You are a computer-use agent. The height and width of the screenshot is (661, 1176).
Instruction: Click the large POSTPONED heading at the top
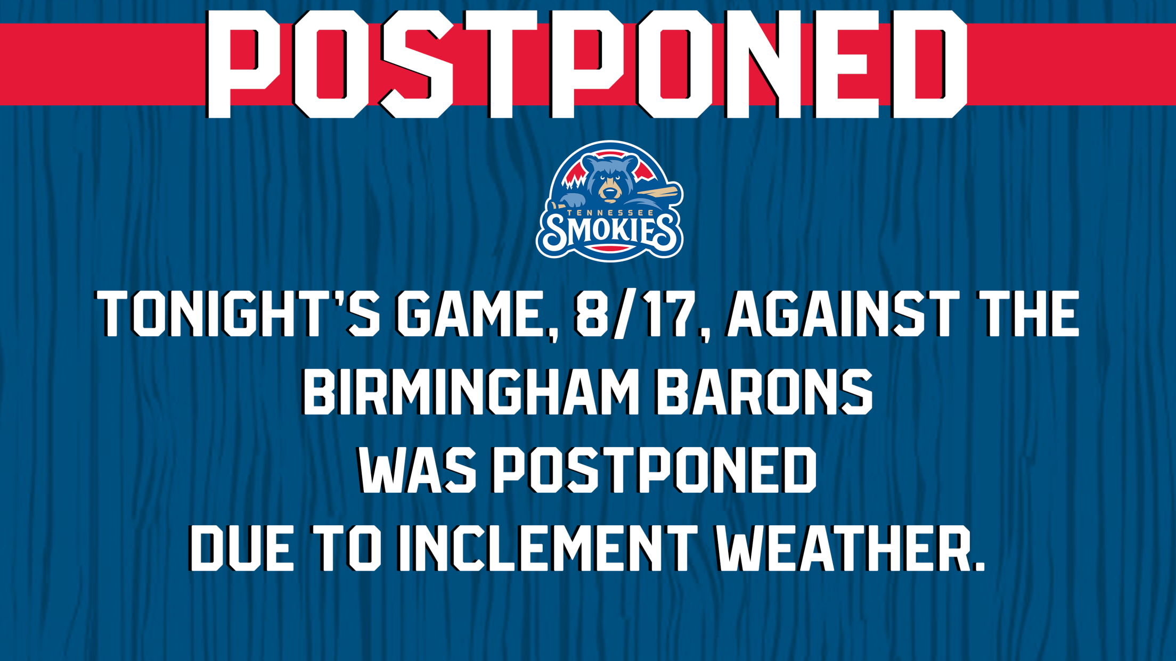(586, 63)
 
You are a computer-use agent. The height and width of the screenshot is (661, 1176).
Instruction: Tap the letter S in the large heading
(416, 63)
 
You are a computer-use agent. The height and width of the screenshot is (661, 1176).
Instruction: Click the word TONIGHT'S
(238, 315)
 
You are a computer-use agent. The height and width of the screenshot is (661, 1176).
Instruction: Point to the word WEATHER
(843, 548)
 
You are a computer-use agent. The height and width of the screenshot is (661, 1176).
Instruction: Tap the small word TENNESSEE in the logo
(610, 213)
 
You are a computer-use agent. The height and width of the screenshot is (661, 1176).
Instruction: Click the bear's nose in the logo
(609, 191)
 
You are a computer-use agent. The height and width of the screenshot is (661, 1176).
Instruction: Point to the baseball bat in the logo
(658, 193)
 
